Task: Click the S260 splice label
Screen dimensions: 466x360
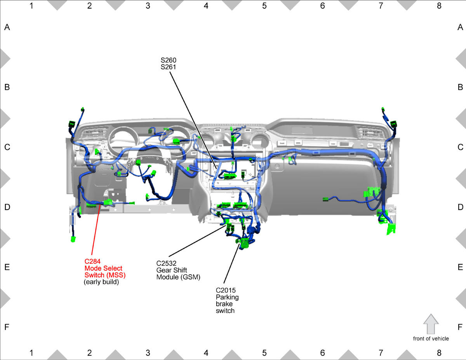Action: pos(169,60)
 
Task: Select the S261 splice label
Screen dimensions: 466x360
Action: pos(169,67)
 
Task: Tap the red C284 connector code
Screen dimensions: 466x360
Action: pos(92,261)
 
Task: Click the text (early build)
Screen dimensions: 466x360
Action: pos(101,282)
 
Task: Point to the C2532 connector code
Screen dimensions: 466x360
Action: pos(166,263)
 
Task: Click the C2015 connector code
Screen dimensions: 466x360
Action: pos(226,290)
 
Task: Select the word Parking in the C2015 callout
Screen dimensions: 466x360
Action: pos(227,297)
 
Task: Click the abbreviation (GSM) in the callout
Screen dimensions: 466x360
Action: pos(190,277)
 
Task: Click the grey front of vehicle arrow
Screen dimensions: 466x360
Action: pos(431,324)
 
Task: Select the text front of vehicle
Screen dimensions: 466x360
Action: pos(431,339)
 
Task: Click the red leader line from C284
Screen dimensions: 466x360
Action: pos(96,230)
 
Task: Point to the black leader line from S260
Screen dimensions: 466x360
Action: pos(193,118)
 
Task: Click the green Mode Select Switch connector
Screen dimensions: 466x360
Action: pos(108,202)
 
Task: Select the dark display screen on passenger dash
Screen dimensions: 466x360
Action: pos(302,130)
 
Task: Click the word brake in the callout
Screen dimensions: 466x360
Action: pos(224,304)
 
